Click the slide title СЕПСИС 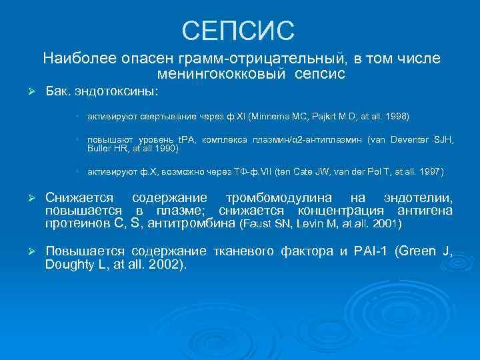click(238, 29)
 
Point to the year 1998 click(398, 117)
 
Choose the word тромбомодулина click(277, 198)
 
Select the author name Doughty click(69, 265)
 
